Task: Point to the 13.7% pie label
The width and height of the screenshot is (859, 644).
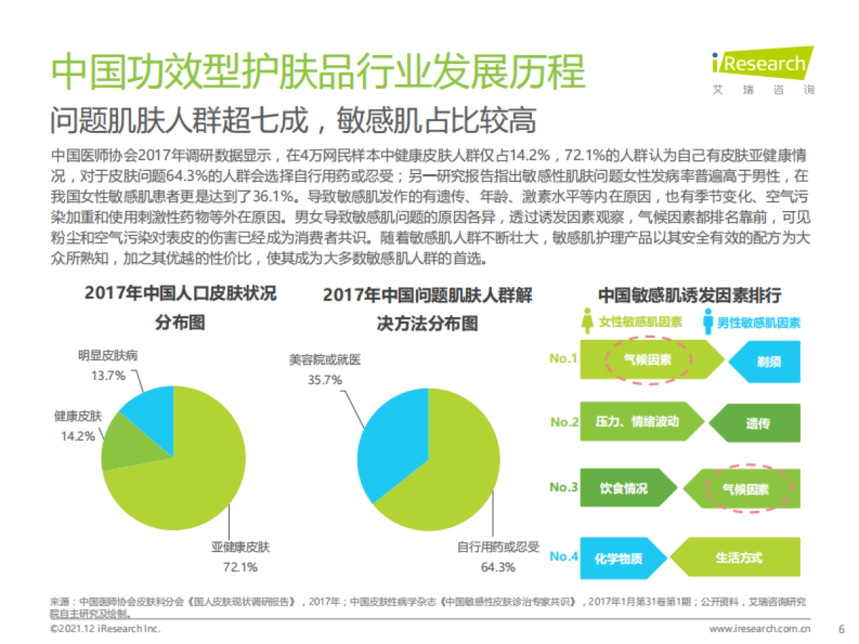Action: (x=107, y=375)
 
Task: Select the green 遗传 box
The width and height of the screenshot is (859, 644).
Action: (x=757, y=423)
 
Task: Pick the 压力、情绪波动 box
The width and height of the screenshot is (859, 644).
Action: (x=636, y=421)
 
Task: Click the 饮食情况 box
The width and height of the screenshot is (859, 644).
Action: (x=624, y=488)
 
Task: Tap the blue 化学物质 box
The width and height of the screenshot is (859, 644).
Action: (x=619, y=557)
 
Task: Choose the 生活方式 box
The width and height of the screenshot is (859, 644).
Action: (x=739, y=557)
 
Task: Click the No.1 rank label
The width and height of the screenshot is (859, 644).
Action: (x=563, y=358)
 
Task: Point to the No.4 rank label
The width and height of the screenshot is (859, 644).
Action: (x=564, y=556)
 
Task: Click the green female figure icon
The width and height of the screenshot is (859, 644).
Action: (x=588, y=321)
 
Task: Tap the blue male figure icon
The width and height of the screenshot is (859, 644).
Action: (x=707, y=321)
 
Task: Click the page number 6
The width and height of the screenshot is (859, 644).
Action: (x=841, y=629)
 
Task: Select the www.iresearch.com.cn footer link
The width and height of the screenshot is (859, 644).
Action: (x=759, y=629)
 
